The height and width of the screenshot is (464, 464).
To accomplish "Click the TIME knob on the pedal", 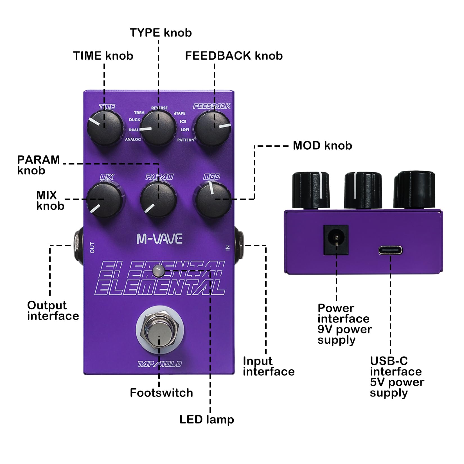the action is [105, 128].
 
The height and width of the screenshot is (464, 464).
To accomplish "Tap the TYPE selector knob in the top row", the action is [158, 129].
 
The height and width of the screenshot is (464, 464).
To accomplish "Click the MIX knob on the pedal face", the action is [105, 199].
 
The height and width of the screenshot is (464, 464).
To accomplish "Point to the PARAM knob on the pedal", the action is [158, 199].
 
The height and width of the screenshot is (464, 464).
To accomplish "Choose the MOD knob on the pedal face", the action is [213, 199].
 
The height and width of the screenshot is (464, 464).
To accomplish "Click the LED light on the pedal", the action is [158, 271].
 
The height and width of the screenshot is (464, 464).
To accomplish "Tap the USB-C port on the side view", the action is [390, 250].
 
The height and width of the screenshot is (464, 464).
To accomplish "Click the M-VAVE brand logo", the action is [159, 239].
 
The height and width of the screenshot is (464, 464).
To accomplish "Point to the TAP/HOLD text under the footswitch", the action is [159, 364].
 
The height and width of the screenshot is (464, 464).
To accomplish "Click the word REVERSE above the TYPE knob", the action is [159, 108].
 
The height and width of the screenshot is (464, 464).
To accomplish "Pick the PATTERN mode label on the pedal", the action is [186, 140].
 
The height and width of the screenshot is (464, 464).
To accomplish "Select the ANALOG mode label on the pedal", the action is [133, 139].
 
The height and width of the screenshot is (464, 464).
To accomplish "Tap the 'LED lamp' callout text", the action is [207, 420].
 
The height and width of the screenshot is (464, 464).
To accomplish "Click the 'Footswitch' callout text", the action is [161, 393].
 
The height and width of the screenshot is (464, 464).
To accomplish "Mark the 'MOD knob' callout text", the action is [323, 145].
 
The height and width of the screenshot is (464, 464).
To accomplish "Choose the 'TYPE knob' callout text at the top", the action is [161, 33].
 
